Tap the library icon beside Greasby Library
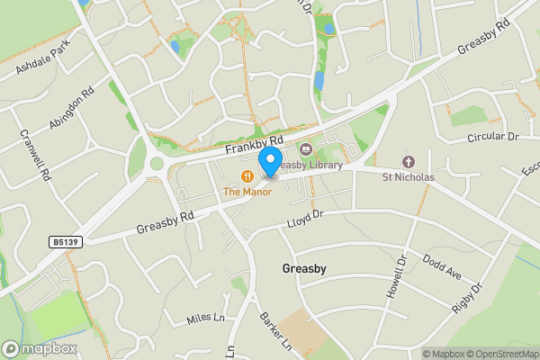(x=304, y=149)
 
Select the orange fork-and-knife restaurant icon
(x=245, y=175)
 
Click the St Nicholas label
(x=408, y=177)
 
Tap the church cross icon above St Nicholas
(x=408, y=162)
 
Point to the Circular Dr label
(x=494, y=137)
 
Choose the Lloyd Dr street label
(x=304, y=217)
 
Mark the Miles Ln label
(x=204, y=318)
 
